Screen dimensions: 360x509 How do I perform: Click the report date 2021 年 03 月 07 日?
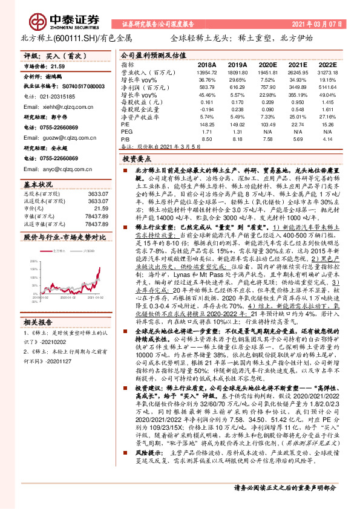318,24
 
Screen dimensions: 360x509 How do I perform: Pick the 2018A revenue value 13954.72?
206,71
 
